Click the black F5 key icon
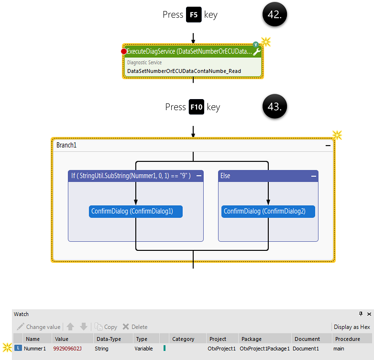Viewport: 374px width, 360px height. point(194,15)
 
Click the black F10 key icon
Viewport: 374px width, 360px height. point(197,107)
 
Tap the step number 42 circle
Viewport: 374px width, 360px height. point(274,15)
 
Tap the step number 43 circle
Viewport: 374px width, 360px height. point(274,107)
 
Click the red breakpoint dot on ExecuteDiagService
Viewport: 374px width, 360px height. point(124,51)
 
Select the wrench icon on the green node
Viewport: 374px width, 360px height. point(257,52)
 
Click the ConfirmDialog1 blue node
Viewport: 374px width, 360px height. point(136,211)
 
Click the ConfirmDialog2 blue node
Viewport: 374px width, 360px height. point(268,211)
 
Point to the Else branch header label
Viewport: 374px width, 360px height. point(225,176)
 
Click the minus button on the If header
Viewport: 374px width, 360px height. point(199,176)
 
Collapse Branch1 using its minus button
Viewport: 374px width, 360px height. point(328,145)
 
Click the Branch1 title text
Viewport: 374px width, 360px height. point(66,145)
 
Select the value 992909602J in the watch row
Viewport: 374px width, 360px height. point(67,349)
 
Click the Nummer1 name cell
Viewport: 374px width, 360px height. point(34,349)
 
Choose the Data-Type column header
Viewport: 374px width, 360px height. point(108,339)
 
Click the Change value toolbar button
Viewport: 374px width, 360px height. point(39,327)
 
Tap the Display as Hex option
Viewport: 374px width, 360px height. point(352,327)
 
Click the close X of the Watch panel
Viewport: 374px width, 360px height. point(369,314)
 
